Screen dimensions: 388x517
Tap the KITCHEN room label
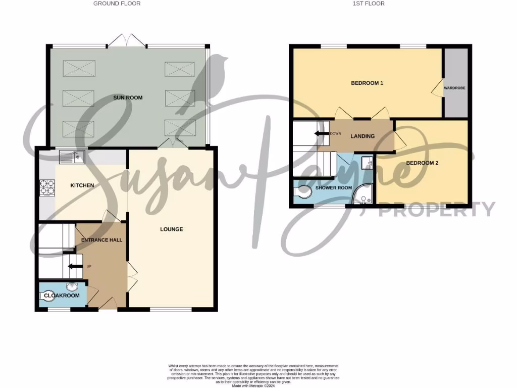[82, 185]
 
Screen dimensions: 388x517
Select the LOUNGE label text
[171, 229]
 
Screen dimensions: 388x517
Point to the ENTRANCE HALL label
[102, 239]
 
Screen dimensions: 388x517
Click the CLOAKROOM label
[62, 296]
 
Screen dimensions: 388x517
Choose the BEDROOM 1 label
[367, 83]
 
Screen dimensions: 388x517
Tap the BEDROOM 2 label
[422, 163]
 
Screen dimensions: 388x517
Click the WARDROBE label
[454, 88]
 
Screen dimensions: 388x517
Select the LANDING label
[363, 136]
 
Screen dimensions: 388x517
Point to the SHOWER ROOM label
[333, 187]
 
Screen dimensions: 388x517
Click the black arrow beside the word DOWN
[321, 133]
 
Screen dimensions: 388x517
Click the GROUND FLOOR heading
[117, 4]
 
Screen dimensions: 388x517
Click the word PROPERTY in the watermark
[437, 209]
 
